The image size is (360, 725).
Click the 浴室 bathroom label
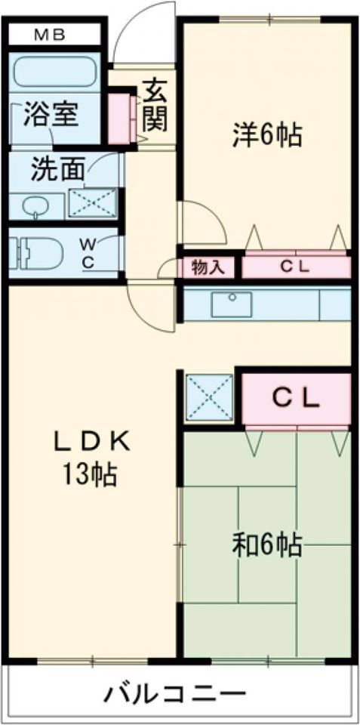pyautogui.click(x=51, y=114)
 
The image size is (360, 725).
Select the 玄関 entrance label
pyautogui.click(x=155, y=106)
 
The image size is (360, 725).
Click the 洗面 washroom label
pyautogui.click(x=58, y=169)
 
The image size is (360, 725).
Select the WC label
pyautogui.click(x=89, y=252)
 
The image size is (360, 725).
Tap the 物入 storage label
pyautogui.click(x=208, y=267)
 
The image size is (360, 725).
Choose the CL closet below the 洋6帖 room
pyautogui.click(x=296, y=267)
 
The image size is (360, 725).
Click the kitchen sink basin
pyautogui.click(x=231, y=304)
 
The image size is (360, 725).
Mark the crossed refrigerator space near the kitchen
pyautogui.click(x=209, y=398)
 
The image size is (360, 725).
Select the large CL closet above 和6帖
pyautogui.click(x=296, y=399)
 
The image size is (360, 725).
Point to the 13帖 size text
pyautogui.click(x=90, y=474)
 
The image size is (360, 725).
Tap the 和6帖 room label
pyautogui.click(x=267, y=545)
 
